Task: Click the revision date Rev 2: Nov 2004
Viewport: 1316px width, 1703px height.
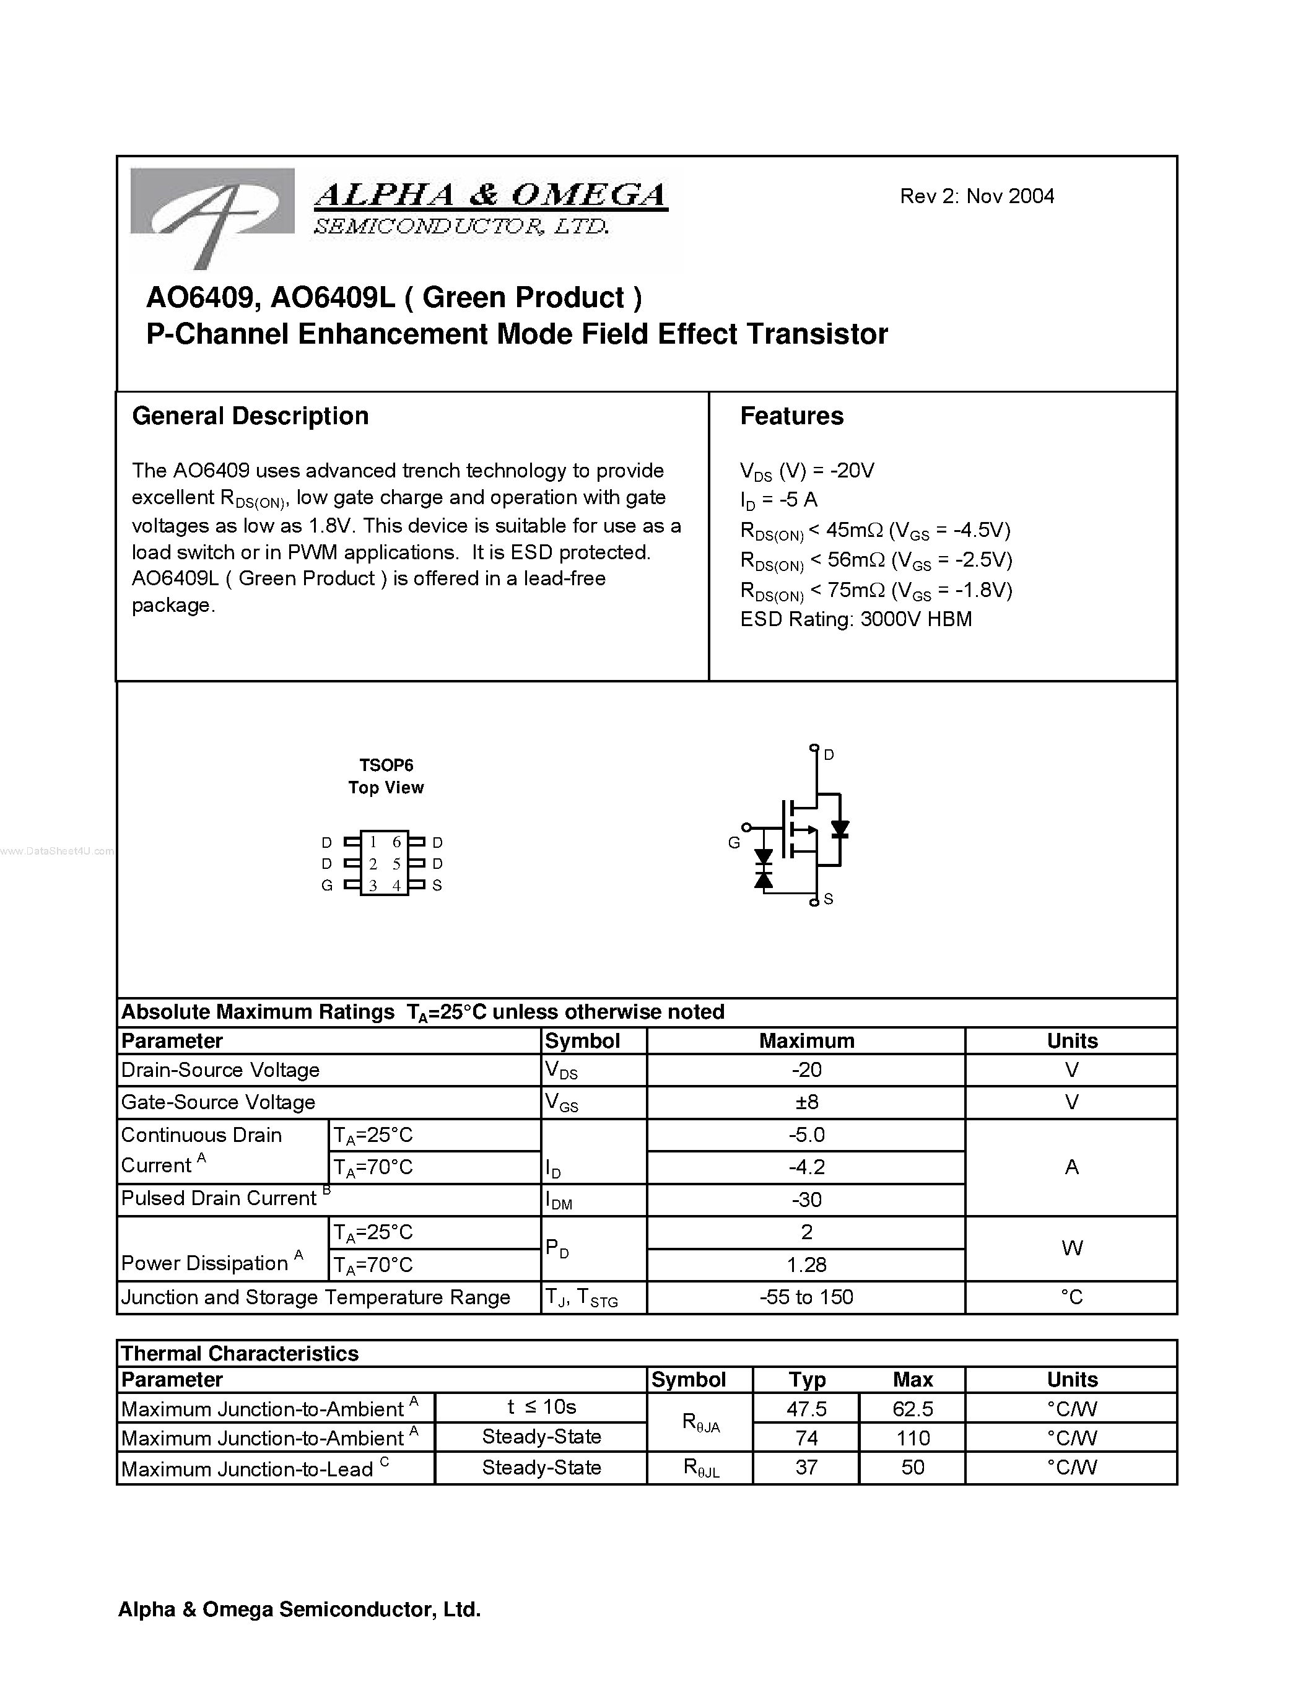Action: coord(976,196)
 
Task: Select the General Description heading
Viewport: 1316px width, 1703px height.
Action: coord(250,416)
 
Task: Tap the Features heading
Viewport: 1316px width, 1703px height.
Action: coord(791,416)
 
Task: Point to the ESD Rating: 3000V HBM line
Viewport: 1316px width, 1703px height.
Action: coord(855,619)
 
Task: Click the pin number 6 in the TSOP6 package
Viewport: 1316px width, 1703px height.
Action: coord(396,842)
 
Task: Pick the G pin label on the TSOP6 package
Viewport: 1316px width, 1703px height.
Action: coord(326,885)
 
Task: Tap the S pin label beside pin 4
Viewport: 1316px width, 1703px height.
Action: coord(437,885)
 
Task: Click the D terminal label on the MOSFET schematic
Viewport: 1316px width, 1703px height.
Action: coord(829,754)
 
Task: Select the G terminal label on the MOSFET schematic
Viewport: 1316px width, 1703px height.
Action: coord(734,842)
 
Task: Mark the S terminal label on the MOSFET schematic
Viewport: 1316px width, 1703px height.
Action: coord(828,899)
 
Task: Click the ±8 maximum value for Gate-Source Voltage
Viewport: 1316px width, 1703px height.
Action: coord(806,1102)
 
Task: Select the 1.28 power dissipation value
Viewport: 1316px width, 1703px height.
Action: coord(806,1264)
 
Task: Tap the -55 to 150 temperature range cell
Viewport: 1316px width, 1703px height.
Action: coord(806,1297)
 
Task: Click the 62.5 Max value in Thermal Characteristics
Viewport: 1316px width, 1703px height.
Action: coord(912,1408)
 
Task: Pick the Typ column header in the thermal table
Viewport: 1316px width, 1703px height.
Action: coord(806,1379)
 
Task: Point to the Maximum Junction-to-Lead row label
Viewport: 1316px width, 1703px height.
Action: coord(247,1469)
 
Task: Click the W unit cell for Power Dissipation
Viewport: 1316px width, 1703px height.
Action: coord(1071,1248)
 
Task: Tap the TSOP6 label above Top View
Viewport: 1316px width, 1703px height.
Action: coord(386,765)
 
